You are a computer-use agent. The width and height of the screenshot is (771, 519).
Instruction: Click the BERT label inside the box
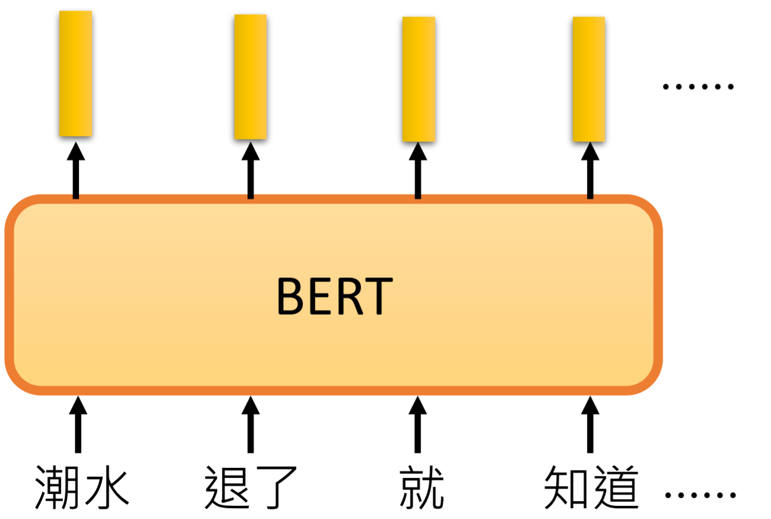click(335, 296)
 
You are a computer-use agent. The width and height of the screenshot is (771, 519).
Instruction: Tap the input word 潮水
click(82, 487)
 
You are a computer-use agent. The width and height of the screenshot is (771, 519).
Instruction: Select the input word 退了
click(250, 487)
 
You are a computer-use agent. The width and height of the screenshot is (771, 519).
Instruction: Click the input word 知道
click(591, 487)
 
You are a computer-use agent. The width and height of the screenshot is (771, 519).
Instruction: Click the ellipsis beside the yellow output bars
click(698, 87)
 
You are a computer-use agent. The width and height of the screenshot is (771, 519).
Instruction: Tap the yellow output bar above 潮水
click(75, 73)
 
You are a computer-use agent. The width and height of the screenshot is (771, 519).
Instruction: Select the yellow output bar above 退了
click(250, 77)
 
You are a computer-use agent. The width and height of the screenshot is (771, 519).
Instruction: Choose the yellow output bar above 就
click(418, 79)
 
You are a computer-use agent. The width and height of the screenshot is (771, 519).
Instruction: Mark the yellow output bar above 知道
click(589, 79)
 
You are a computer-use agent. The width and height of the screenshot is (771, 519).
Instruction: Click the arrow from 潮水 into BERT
click(78, 424)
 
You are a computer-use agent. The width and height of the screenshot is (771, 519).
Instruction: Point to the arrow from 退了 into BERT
click(250, 424)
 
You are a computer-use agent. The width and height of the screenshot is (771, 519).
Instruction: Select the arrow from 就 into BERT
click(418, 424)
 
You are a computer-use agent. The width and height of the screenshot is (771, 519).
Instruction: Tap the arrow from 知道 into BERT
click(589, 424)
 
